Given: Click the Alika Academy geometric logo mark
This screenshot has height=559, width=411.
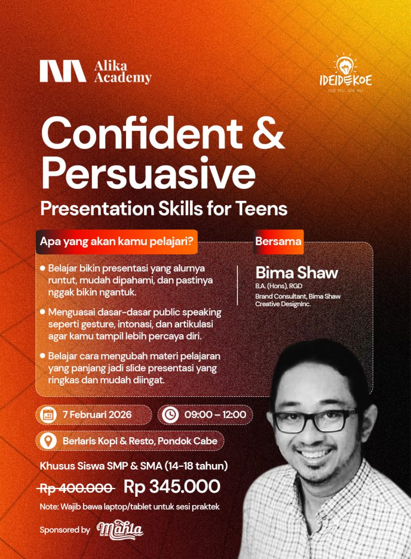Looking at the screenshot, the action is pyautogui.click(x=63, y=72).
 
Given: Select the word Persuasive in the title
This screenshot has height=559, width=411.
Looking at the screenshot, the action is pyautogui.click(x=148, y=173).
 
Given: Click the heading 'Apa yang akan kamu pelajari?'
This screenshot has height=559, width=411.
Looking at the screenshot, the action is pyautogui.click(x=116, y=241).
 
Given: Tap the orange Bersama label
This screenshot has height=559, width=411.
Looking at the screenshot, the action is pyautogui.click(x=278, y=241).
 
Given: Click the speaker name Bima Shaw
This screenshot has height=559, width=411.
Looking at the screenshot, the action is pyautogui.click(x=296, y=273).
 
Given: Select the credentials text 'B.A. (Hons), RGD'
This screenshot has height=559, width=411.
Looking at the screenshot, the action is pyautogui.click(x=274, y=286).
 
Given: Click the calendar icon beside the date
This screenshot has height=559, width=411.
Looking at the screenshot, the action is pyautogui.click(x=49, y=415).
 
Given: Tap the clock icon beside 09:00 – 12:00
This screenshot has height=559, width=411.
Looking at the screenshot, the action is pyautogui.click(x=170, y=415).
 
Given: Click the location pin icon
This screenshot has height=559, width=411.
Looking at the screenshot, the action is pyautogui.click(x=49, y=441).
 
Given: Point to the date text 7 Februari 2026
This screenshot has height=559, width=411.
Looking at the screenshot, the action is pyautogui.click(x=97, y=415).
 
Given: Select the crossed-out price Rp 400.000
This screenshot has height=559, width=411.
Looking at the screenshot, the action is pyautogui.click(x=77, y=488).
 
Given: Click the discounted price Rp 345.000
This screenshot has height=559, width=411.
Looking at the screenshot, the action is pyautogui.click(x=172, y=486).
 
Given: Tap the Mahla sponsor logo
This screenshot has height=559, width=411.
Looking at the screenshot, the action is pyautogui.click(x=120, y=530).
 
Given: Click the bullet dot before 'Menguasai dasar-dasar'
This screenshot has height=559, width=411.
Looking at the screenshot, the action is pyautogui.click(x=43, y=312).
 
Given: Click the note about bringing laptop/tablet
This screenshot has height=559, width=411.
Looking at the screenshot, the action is pyautogui.click(x=130, y=507).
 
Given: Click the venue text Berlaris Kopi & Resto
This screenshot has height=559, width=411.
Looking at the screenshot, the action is pyautogui.click(x=109, y=441).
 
